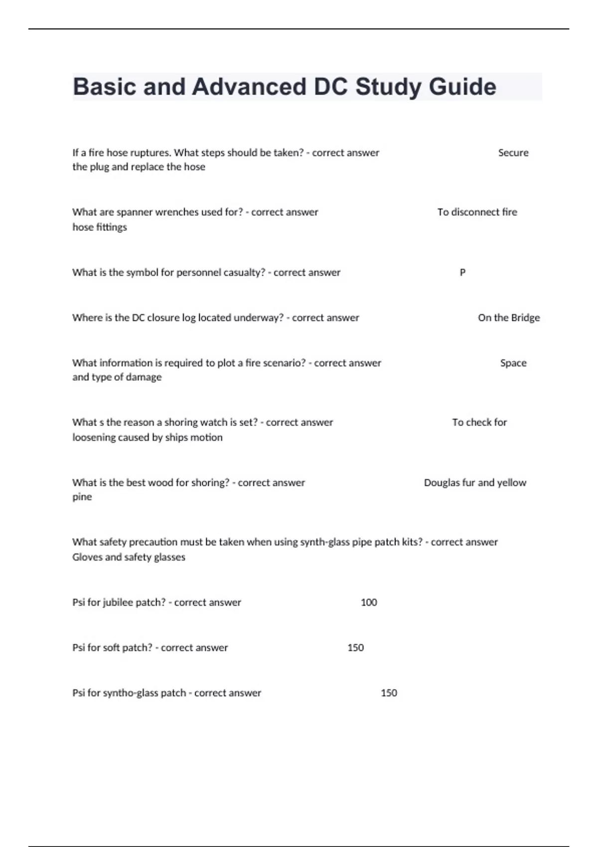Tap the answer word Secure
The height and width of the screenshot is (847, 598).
click(x=513, y=153)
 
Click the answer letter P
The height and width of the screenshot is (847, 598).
click(x=462, y=273)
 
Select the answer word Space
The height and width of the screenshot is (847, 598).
click(x=513, y=363)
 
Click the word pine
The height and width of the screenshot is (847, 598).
click(x=82, y=497)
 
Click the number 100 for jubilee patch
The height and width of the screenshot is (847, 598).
click(x=369, y=602)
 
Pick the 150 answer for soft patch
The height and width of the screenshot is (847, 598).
click(x=355, y=648)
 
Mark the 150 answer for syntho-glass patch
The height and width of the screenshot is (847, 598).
click(x=389, y=693)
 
